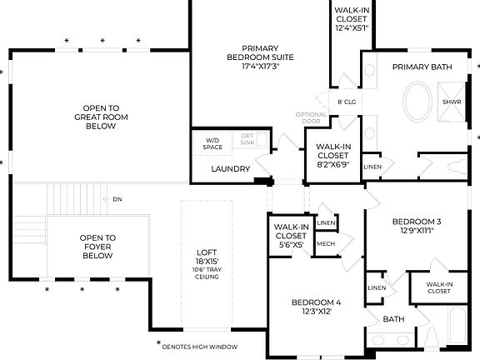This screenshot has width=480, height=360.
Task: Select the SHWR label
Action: (x=452, y=102)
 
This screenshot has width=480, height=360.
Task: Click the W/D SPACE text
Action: (x=212, y=143)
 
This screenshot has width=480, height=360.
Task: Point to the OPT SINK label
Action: (x=248, y=140)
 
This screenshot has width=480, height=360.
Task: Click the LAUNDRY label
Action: (x=230, y=169)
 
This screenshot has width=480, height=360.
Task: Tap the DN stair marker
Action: (x=117, y=199)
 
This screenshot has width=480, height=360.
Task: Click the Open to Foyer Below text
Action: (x=97, y=246)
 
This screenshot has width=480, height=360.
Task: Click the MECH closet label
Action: (x=326, y=244)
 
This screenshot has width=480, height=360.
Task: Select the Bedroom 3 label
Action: (x=416, y=226)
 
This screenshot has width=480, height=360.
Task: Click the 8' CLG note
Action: (x=347, y=102)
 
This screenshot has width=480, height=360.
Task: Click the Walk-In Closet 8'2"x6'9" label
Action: (x=332, y=156)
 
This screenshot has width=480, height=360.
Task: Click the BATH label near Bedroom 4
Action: (x=393, y=318)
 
